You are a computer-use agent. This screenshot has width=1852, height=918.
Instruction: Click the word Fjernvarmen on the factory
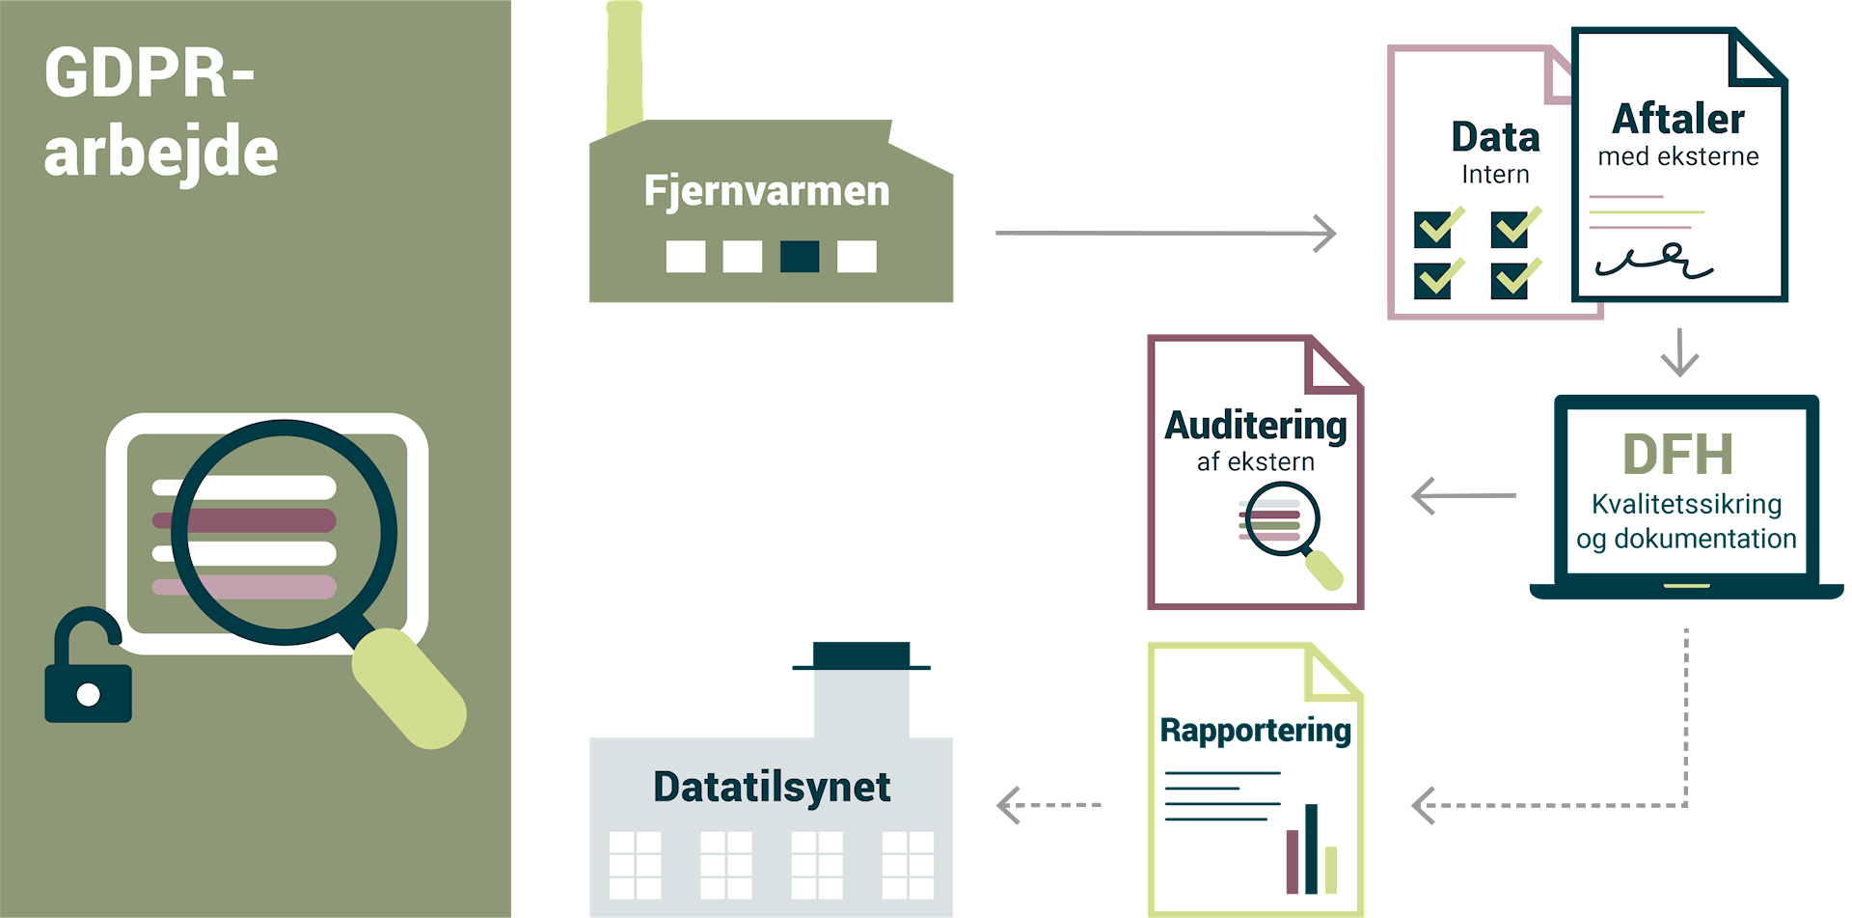click(766, 191)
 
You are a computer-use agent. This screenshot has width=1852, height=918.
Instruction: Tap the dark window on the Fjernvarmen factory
click(799, 257)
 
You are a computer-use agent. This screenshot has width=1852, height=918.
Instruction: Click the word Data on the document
click(1495, 138)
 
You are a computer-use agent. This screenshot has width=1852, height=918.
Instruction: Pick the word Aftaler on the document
click(1678, 120)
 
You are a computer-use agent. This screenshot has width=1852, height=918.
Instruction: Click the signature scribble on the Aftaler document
click(1653, 262)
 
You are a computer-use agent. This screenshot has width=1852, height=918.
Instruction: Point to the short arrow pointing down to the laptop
click(1679, 353)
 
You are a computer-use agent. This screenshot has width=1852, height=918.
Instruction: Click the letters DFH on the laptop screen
click(1677, 455)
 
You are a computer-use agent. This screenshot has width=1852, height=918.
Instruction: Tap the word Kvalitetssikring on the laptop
click(1686, 504)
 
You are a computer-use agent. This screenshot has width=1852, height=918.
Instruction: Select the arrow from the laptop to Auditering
click(1462, 496)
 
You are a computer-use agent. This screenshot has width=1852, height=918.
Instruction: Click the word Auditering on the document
click(1255, 426)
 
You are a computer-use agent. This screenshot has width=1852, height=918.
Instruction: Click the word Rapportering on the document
click(1255, 731)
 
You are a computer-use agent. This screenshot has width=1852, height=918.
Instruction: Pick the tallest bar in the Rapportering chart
click(1311, 849)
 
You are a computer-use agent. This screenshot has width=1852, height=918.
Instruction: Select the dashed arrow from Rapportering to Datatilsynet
click(1049, 805)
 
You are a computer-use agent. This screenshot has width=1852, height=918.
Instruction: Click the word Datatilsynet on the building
click(771, 787)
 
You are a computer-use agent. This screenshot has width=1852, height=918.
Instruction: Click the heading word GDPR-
click(150, 73)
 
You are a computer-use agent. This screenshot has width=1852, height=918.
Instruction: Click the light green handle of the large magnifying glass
click(410, 688)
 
